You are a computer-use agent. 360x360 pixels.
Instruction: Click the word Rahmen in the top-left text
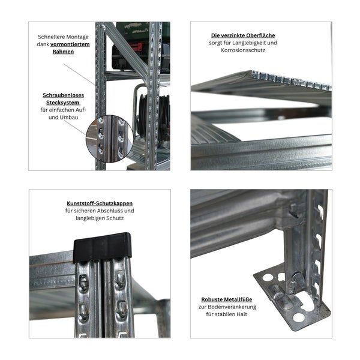[63, 52]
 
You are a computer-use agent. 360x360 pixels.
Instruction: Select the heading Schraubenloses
[63, 95]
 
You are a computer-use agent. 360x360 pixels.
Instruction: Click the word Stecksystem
[63, 103]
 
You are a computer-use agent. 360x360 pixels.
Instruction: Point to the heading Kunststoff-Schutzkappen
[100, 203]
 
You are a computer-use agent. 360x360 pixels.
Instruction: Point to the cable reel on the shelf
[150, 114]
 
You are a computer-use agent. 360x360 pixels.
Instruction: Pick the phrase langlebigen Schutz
[100, 219]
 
